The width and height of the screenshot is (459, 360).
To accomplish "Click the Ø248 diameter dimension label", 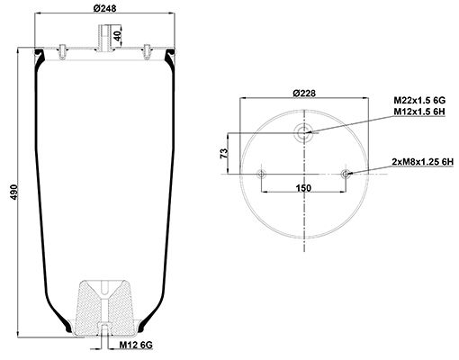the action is click(104, 8).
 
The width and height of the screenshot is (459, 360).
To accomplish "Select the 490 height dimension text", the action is click(14, 192).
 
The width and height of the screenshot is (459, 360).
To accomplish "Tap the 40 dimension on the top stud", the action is click(118, 36).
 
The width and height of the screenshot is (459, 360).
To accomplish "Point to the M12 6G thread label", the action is click(136, 346).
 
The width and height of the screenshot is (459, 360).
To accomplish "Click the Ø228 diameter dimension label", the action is click(304, 94).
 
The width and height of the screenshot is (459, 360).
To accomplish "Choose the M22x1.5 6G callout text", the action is click(419, 100).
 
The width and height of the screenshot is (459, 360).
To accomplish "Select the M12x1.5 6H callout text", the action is click(419, 112).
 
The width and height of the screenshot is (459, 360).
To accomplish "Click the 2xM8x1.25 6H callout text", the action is click(423, 162).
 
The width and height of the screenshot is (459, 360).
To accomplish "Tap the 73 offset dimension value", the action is click(224, 153).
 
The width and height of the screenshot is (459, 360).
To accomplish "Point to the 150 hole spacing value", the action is click(303, 188).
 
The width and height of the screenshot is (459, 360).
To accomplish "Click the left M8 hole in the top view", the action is click(261, 174).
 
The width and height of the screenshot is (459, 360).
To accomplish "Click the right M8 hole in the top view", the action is click(346, 174).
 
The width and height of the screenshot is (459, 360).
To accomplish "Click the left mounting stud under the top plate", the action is click(62, 51).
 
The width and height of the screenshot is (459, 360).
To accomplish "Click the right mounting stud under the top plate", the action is click(147, 51).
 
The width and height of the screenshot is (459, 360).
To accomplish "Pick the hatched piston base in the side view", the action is click(105, 308).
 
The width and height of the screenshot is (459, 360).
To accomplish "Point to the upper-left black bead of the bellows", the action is click(39, 53).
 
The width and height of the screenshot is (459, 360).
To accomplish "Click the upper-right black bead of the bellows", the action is click(170, 53).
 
